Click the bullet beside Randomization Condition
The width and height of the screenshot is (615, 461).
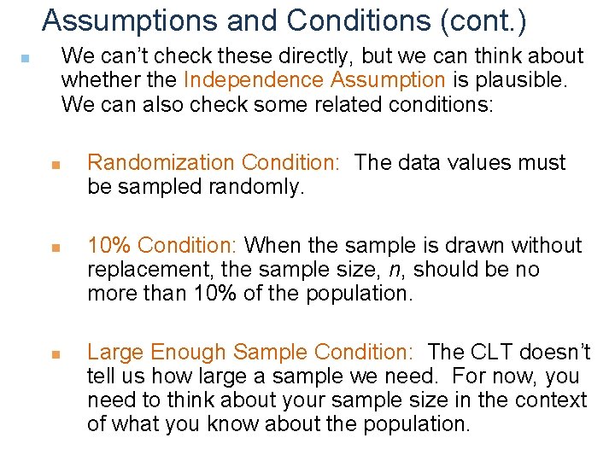click(x=54, y=164)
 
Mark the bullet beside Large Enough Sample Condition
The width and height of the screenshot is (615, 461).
click(x=54, y=353)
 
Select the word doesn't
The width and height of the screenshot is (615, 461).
click(x=557, y=352)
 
